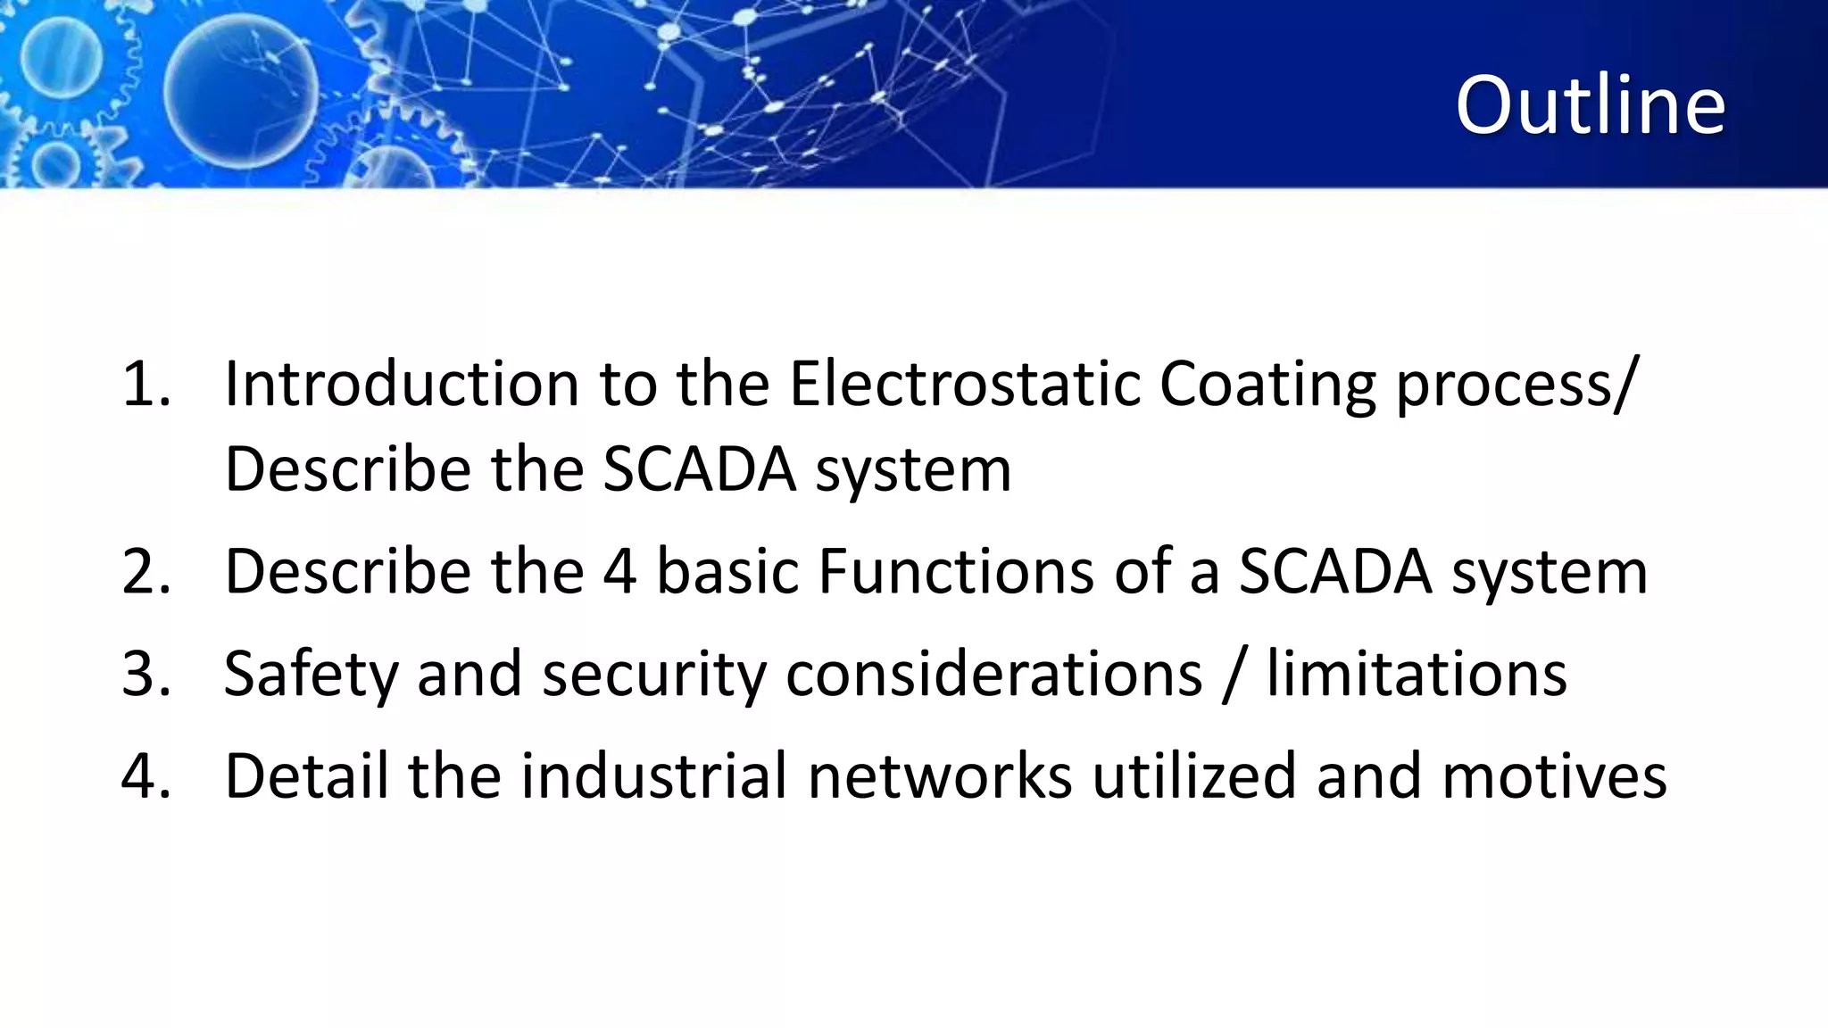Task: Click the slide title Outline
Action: [1590, 105]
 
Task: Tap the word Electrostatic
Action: [965, 384]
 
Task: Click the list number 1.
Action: [145, 385]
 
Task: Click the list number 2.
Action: [145, 571]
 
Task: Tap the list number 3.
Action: [145, 674]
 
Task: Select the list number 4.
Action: [145, 775]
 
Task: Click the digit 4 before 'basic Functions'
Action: [620, 571]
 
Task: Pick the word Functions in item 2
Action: [956, 571]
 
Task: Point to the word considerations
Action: [993, 674]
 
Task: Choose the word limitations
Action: [1417, 674]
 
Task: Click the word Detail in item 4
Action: [306, 775]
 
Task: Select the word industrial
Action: [654, 775]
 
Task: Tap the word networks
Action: [940, 775]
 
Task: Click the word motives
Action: [1554, 776]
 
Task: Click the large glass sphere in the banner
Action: [241, 92]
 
